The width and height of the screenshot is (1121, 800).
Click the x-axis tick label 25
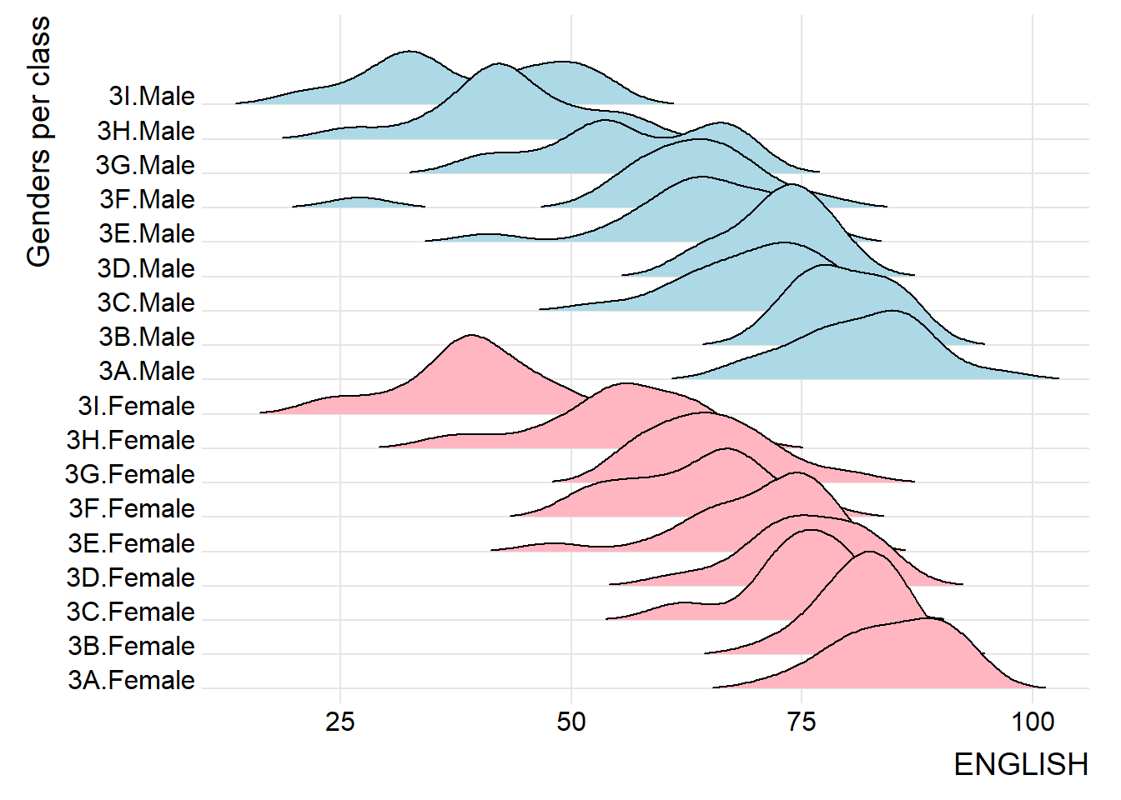(x=340, y=721)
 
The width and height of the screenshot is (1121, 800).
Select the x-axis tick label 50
(x=571, y=721)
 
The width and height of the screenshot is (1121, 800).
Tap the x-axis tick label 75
(x=802, y=721)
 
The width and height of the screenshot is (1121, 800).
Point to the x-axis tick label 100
(x=1033, y=721)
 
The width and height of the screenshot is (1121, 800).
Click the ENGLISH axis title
(x=1020, y=764)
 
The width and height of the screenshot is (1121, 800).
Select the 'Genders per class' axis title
(x=38, y=142)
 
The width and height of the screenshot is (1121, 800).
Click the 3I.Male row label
(x=152, y=97)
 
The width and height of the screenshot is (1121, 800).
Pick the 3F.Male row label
(x=147, y=200)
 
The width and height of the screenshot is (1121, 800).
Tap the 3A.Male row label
(x=147, y=372)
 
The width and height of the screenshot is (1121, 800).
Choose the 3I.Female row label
(x=136, y=407)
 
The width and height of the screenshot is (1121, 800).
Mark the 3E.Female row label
(x=131, y=544)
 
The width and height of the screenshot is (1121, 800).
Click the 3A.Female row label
(x=131, y=681)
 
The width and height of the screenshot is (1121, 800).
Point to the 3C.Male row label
(x=146, y=303)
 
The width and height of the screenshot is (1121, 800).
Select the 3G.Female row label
(x=129, y=475)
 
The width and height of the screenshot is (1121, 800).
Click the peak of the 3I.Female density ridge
(x=471, y=337)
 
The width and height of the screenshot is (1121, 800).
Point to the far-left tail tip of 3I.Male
(x=238, y=103)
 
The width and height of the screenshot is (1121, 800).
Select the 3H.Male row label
(x=146, y=132)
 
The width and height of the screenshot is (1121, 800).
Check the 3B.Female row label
(x=131, y=647)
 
